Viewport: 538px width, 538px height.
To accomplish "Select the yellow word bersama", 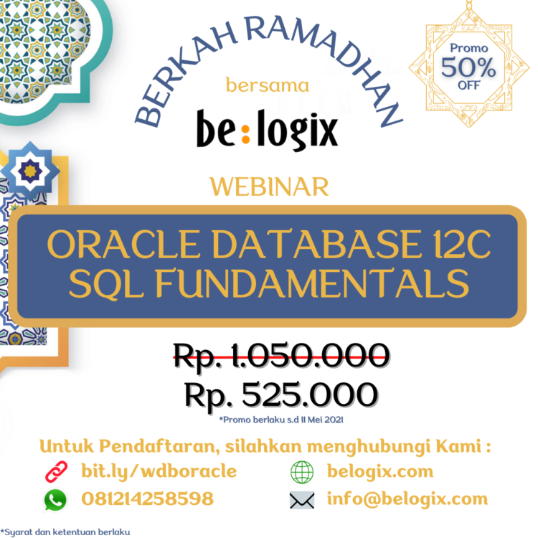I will (268, 86).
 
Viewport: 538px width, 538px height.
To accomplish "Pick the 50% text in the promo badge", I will (468, 68).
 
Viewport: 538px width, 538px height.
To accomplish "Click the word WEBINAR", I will (269, 187).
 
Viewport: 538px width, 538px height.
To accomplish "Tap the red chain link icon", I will (56, 472).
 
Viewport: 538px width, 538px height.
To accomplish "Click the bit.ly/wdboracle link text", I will (159, 471).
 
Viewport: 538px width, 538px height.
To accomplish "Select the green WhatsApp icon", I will (56, 499).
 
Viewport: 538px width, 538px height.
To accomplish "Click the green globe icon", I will (302, 472).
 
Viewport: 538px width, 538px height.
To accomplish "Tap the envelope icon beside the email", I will (302, 499).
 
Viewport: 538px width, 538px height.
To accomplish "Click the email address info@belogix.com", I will (407, 499).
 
